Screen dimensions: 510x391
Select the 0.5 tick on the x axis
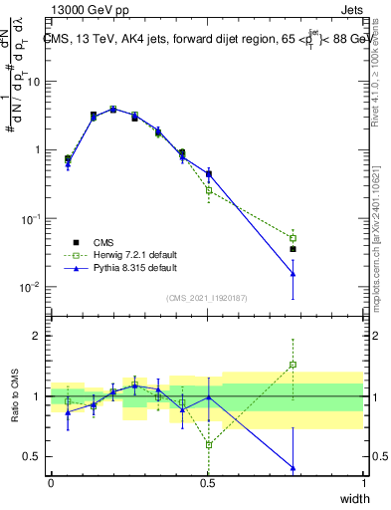tap(207, 483)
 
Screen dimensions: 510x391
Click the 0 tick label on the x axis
tap(51, 483)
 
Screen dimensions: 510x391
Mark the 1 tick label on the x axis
tap(364, 483)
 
